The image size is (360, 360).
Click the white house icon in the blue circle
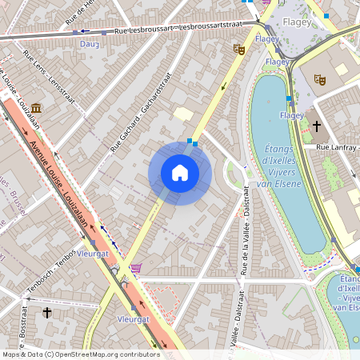[180, 173]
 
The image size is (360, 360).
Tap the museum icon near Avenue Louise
[38, 107]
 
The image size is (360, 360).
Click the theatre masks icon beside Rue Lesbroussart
[238, 50]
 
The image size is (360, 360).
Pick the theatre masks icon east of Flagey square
[320, 80]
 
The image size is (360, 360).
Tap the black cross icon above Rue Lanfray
[317, 126]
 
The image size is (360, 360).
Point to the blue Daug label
[89, 44]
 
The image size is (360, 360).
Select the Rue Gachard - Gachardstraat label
[141, 112]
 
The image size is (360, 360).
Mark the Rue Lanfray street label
[334, 148]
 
